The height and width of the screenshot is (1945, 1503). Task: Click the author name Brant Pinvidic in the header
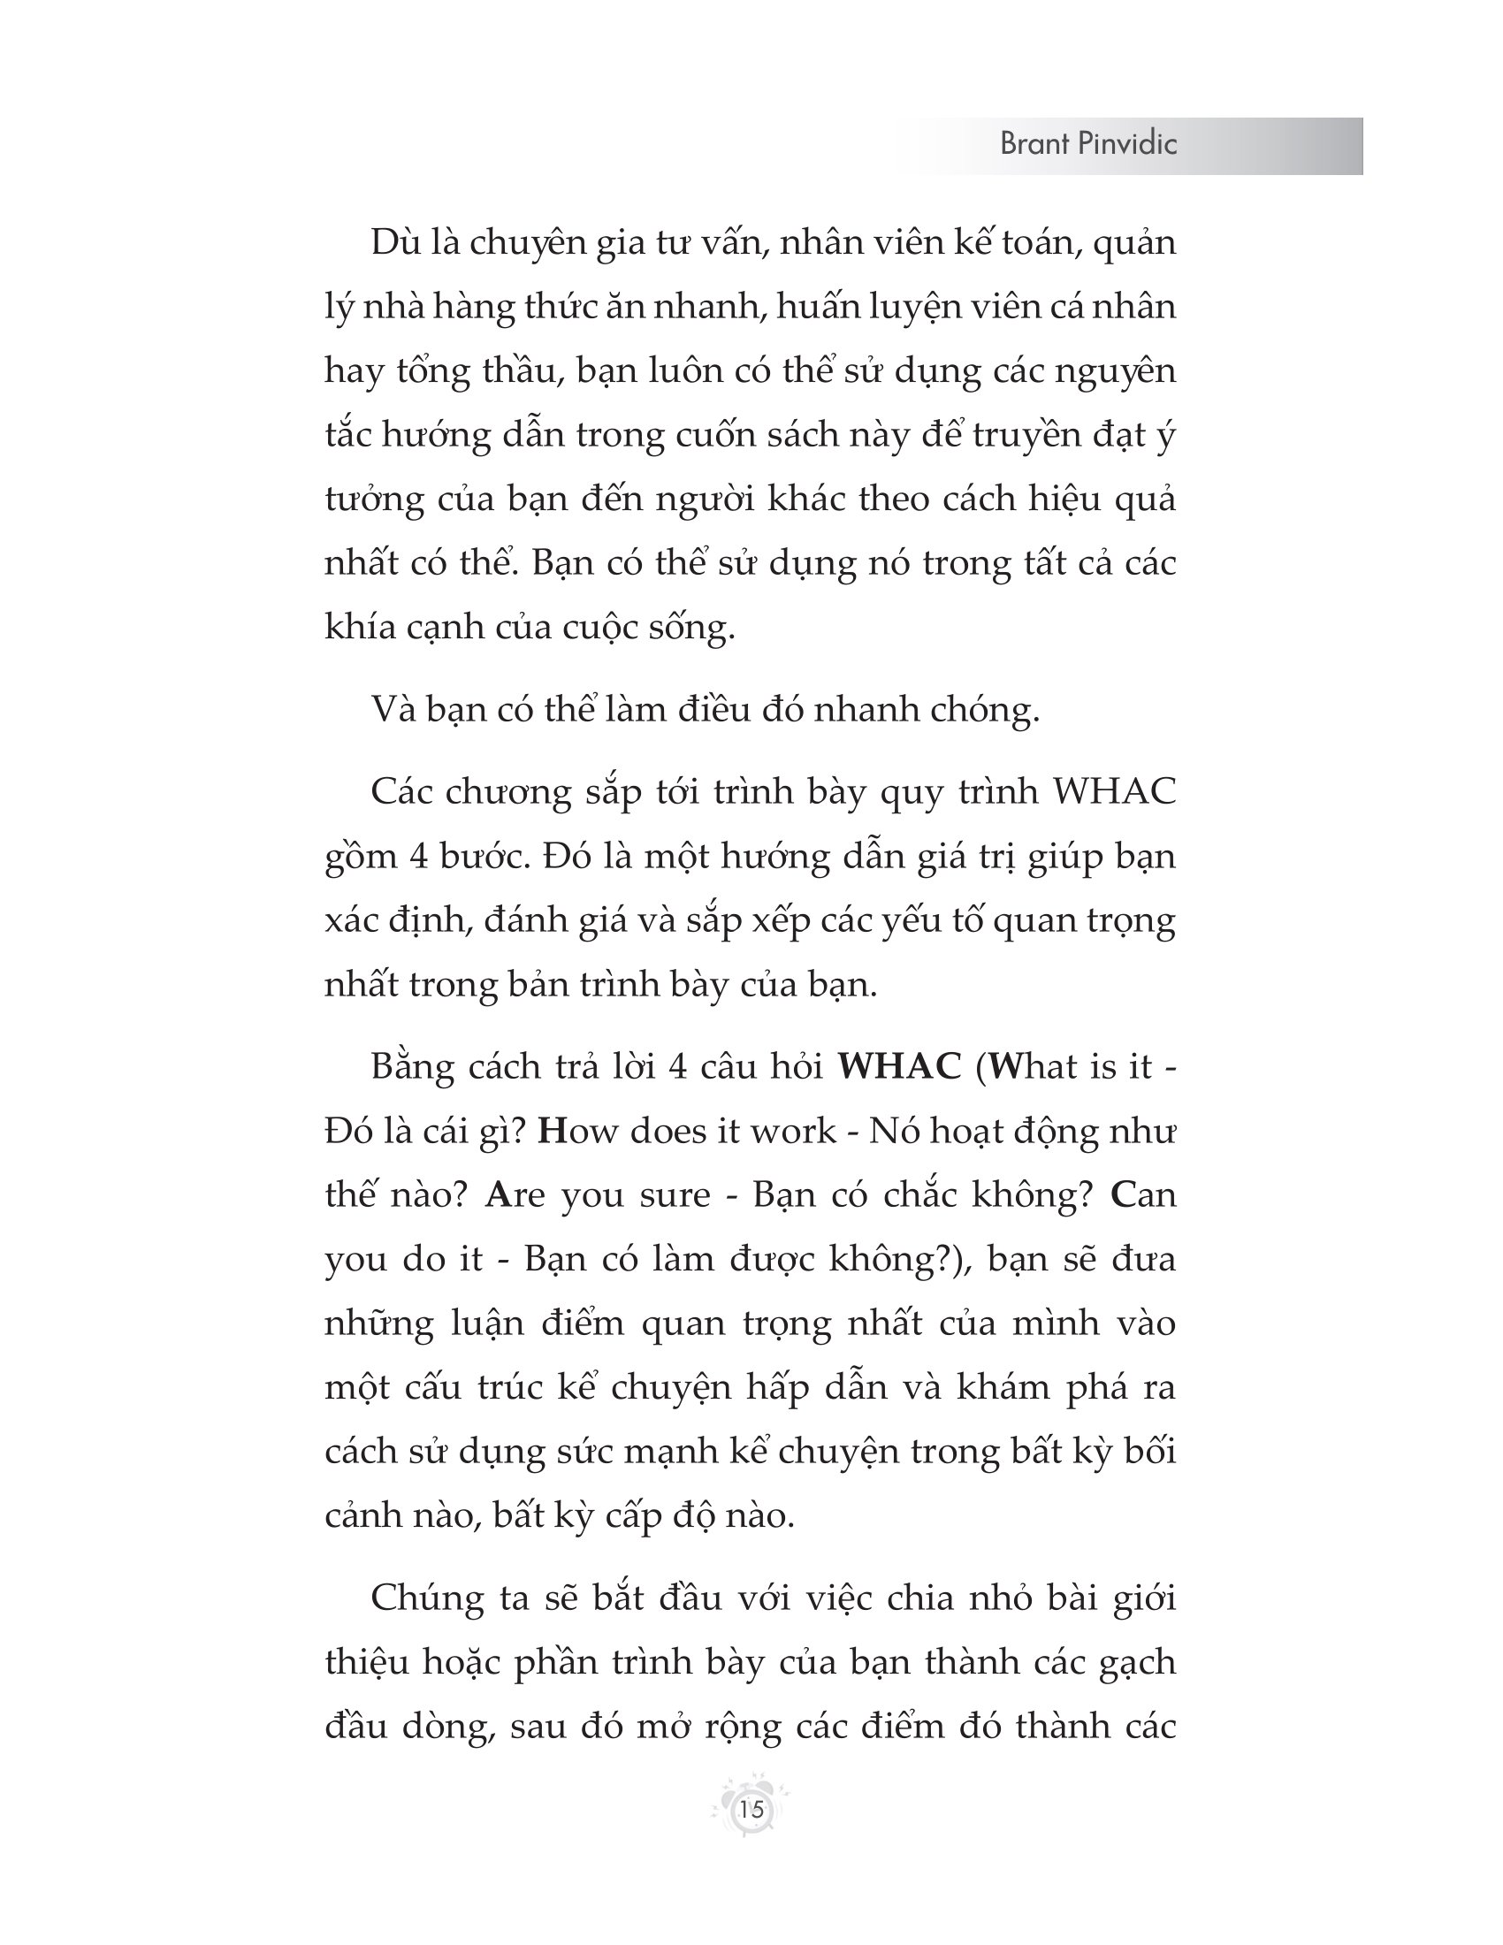tap(1088, 143)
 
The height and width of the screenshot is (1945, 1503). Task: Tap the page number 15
tap(751, 1809)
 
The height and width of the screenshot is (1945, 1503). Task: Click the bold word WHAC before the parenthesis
tap(899, 1066)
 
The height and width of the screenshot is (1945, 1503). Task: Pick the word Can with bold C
tap(1143, 1194)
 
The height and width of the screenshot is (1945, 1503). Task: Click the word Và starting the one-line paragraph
tap(393, 709)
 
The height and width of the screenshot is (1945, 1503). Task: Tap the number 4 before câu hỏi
tap(677, 1066)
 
